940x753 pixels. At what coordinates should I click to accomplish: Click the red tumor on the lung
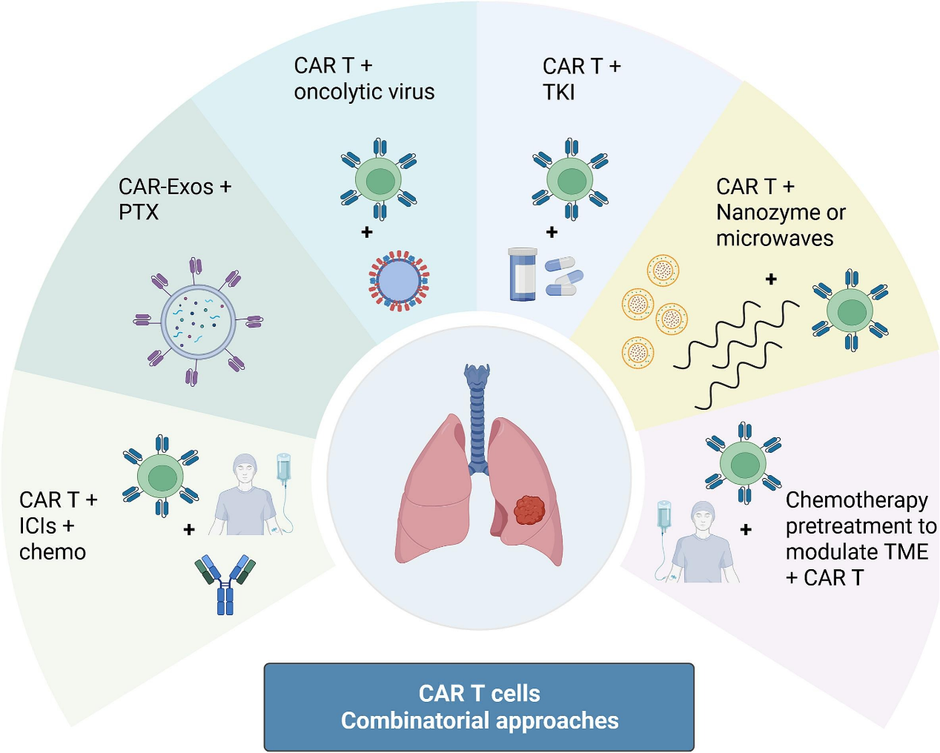pyautogui.click(x=529, y=510)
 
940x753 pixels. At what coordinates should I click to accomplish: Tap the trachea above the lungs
pyautogui.click(x=477, y=415)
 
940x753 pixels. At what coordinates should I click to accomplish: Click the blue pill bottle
pyautogui.click(x=523, y=274)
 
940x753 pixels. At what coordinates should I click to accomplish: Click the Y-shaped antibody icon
pyautogui.click(x=225, y=583)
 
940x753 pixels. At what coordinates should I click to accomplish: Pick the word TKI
pyautogui.click(x=559, y=93)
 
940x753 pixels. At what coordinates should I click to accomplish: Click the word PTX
pyautogui.click(x=139, y=213)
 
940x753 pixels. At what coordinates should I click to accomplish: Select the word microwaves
pyautogui.click(x=775, y=239)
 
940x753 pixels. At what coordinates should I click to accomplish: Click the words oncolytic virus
pyautogui.click(x=364, y=92)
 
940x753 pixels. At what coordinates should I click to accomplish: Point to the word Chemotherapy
pyautogui.click(x=856, y=500)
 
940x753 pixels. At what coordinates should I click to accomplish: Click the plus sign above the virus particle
pyautogui.click(x=367, y=233)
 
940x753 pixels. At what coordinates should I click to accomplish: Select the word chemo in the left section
pyautogui.click(x=53, y=552)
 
